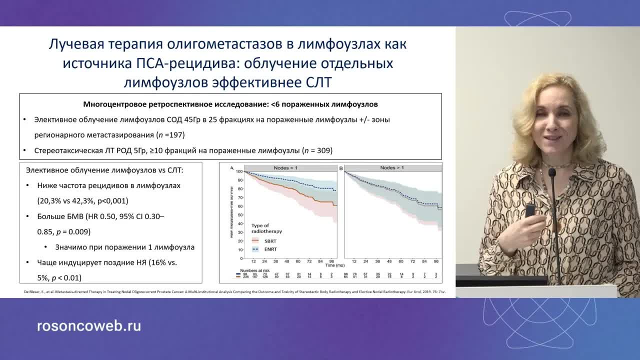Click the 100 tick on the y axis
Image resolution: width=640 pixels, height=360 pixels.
[x=239, y=172]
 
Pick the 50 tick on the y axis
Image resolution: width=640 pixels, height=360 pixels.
[x=240, y=215]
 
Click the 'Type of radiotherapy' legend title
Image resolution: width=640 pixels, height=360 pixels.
[x=266, y=228]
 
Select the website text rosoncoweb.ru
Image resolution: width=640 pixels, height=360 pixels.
[x=89, y=326]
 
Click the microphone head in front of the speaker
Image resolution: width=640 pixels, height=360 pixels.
[x=552, y=173]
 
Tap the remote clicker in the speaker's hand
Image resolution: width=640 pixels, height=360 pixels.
[x=529, y=210]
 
